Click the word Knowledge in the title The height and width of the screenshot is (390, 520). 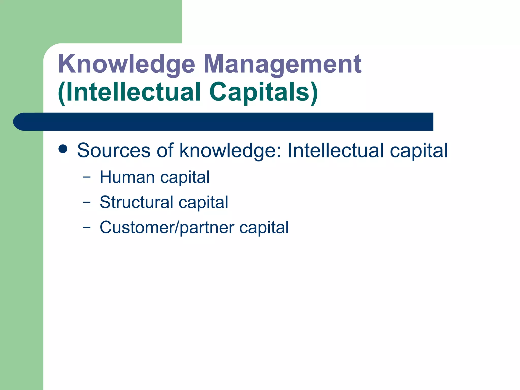[x=126, y=64]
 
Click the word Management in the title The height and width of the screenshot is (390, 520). [x=282, y=64]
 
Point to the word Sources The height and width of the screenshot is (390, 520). [x=113, y=150]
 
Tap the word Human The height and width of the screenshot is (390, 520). [x=127, y=177]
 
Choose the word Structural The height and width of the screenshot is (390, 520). [x=136, y=202]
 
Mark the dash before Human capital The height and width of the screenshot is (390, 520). [x=87, y=177]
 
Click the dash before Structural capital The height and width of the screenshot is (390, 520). [x=87, y=202]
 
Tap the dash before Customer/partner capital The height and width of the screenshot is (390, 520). [x=87, y=227]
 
